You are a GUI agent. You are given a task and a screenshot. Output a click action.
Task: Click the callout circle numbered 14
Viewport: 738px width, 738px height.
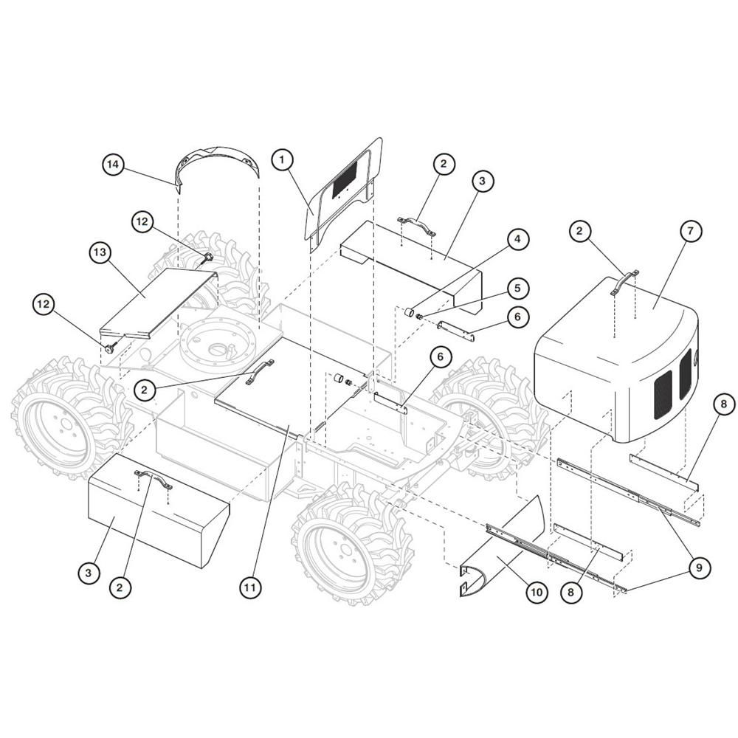pos(113,165)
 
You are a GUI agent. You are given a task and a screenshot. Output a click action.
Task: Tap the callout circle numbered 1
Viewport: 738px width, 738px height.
pos(282,159)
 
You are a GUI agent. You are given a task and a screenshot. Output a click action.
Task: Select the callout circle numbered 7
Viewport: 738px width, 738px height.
pos(691,231)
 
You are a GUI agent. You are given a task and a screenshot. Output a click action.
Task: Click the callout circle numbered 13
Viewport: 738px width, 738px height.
pos(100,252)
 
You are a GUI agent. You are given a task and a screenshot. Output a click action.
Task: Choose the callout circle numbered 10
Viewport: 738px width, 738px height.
pos(537,592)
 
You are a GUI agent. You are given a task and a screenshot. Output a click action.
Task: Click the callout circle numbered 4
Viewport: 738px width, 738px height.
pos(518,239)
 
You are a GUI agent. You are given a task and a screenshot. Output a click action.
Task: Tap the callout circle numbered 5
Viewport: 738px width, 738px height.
pos(518,288)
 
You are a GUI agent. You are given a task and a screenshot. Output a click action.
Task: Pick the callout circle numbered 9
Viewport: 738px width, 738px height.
pos(699,568)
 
